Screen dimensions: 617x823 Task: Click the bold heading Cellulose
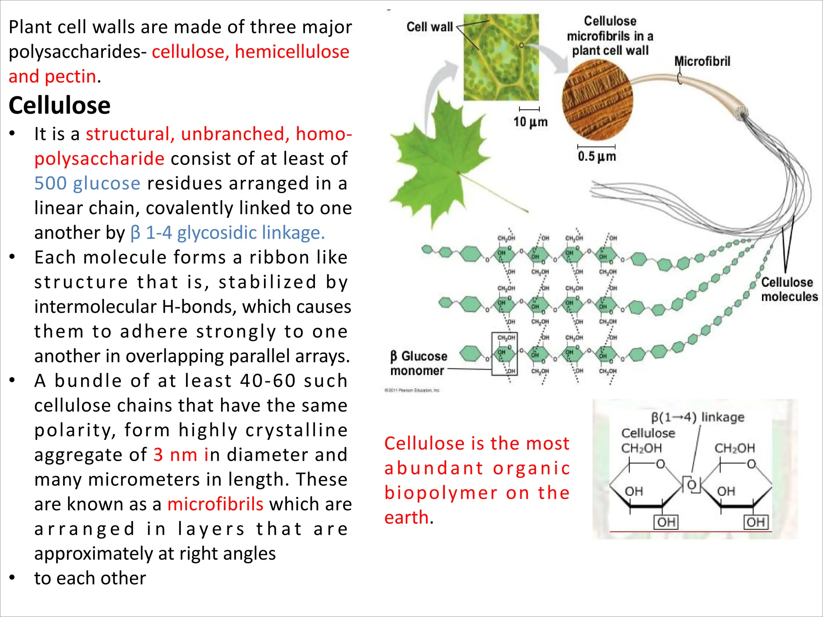(x=59, y=106)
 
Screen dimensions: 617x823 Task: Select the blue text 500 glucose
(x=87, y=184)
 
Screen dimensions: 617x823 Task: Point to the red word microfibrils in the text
(x=215, y=504)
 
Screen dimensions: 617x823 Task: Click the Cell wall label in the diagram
(x=430, y=27)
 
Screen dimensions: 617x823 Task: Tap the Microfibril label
(x=702, y=61)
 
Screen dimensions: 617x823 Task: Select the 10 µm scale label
(x=530, y=122)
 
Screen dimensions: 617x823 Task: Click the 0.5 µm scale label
(x=597, y=156)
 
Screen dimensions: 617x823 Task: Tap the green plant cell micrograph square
(x=501, y=57)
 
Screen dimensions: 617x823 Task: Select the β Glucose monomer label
(x=418, y=363)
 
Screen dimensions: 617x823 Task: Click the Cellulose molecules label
(x=789, y=289)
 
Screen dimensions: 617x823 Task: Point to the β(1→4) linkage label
(x=698, y=417)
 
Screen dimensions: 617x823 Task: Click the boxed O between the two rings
(x=692, y=484)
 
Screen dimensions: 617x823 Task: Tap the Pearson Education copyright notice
(x=412, y=390)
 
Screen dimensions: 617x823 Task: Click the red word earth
(x=406, y=517)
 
